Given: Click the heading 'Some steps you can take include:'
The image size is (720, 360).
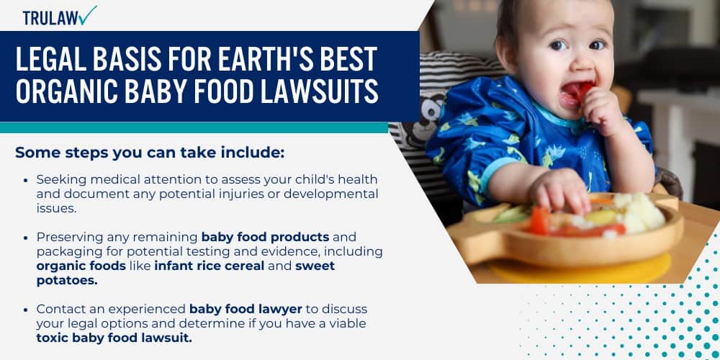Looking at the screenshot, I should (x=150, y=153).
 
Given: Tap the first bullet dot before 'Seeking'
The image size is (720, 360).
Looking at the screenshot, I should (x=26, y=179).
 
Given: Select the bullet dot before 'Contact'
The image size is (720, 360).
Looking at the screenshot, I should (x=26, y=310).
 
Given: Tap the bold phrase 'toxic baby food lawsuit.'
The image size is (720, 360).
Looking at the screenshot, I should (x=114, y=338).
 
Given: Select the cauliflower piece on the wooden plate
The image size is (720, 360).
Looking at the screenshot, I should (x=641, y=210).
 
